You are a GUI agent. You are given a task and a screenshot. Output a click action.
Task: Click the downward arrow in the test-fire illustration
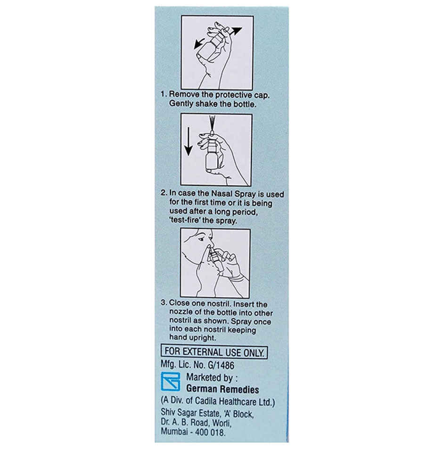coord(188,144)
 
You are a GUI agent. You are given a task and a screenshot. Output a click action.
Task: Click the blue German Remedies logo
coord(170,382)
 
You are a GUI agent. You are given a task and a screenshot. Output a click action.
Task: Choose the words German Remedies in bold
coord(222,390)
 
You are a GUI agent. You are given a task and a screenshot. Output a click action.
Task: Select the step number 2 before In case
coord(163,193)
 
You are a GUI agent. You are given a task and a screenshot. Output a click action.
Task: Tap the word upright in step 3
coord(203,338)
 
